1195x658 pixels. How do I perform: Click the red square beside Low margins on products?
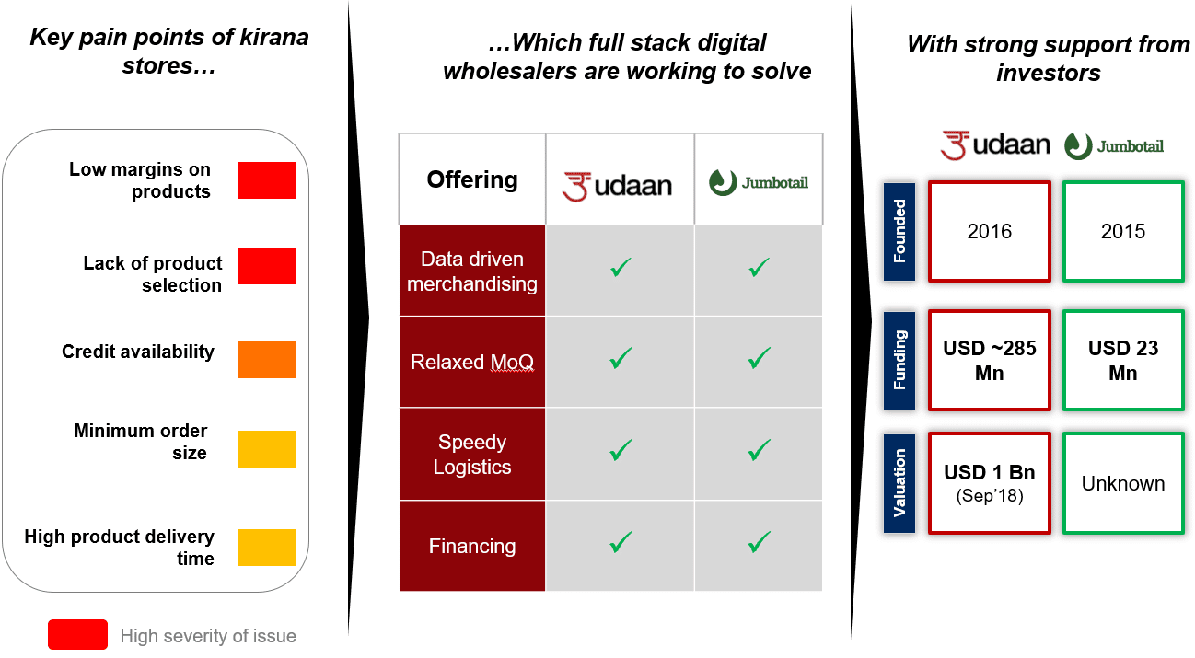pyautogui.click(x=267, y=180)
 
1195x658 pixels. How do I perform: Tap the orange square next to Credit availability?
pyautogui.click(x=267, y=359)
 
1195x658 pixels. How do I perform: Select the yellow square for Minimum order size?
pyautogui.click(x=267, y=449)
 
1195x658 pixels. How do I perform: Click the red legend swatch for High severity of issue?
pyautogui.click(x=77, y=634)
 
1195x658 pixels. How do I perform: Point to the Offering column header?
pyautogui.click(x=472, y=179)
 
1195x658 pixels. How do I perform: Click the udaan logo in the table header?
pyautogui.click(x=617, y=186)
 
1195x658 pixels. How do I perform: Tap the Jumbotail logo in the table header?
pyautogui.click(x=758, y=182)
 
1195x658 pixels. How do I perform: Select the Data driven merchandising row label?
pyautogui.click(x=472, y=271)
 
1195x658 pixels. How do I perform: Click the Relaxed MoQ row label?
pyautogui.click(x=472, y=362)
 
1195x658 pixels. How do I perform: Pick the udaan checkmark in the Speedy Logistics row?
pyautogui.click(x=621, y=450)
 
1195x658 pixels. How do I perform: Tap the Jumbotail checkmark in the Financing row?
pyautogui.click(x=759, y=542)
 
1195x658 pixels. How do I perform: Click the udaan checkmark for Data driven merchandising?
pyautogui.click(x=621, y=267)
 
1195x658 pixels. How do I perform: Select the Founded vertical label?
pyautogui.click(x=899, y=231)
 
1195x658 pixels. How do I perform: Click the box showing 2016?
pyautogui.click(x=990, y=231)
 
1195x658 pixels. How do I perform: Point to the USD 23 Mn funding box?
pyautogui.click(x=1123, y=361)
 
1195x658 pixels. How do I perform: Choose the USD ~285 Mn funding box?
pyautogui.click(x=990, y=361)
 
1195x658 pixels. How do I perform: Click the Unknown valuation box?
pyautogui.click(x=1123, y=483)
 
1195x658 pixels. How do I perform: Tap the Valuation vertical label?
pyautogui.click(x=899, y=483)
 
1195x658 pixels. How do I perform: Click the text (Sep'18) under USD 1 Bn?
pyautogui.click(x=990, y=496)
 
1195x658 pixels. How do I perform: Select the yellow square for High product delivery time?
pyautogui.click(x=267, y=547)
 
